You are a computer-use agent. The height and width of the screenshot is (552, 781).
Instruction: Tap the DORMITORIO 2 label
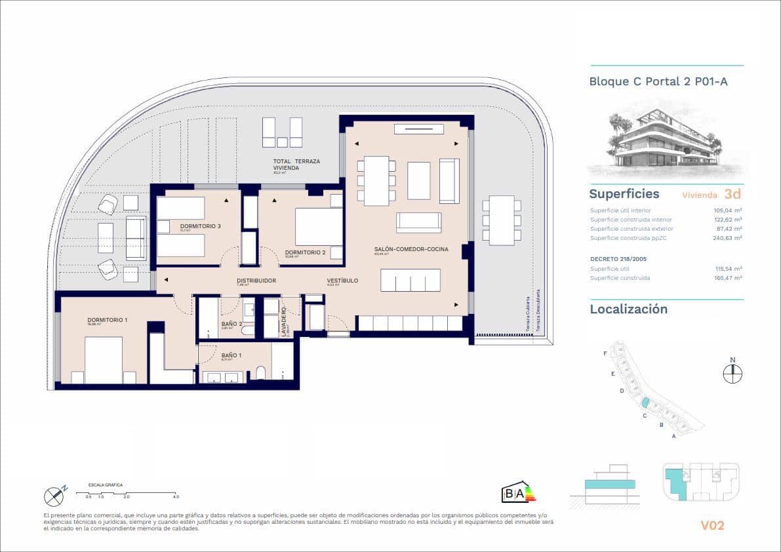pos(306,252)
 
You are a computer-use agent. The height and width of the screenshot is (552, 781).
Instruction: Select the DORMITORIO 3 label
pos(200,226)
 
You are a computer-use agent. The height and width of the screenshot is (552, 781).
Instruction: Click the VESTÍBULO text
pos(342,281)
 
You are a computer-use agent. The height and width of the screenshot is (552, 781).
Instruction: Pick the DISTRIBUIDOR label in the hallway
pos(256,281)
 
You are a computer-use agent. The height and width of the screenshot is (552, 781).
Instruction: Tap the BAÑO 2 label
pos(231,324)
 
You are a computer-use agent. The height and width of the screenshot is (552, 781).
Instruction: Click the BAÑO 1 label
pos(231,355)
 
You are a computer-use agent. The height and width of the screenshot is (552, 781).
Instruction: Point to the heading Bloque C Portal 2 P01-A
pos(658,82)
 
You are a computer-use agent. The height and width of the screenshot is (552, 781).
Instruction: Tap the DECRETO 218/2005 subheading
pos(619,259)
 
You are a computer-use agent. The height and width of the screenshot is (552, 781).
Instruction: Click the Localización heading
pos(628,309)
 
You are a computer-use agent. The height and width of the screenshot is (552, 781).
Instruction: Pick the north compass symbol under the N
pos(732,374)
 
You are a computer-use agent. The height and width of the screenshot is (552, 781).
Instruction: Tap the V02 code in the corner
pos(711,525)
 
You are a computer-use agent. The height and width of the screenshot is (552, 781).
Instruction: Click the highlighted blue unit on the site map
pos(645,402)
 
